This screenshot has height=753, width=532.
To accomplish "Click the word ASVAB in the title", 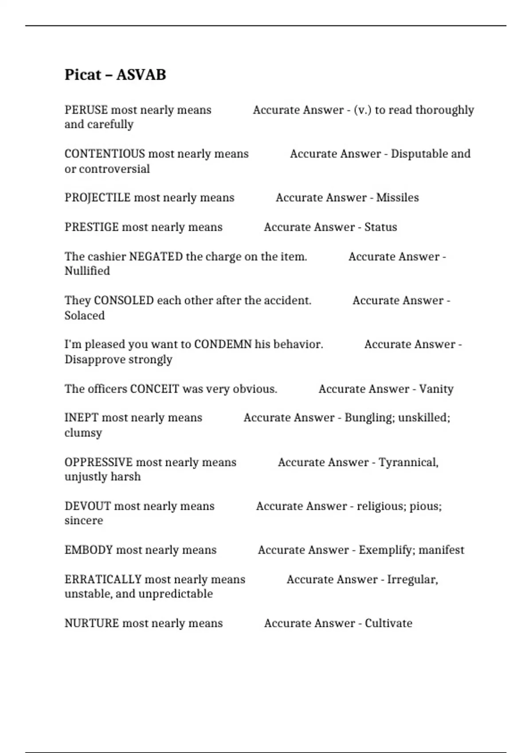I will [141, 74].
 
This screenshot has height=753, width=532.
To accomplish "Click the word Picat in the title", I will [82, 74].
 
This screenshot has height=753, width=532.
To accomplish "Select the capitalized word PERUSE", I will [86, 110].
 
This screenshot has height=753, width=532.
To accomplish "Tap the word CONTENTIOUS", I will [105, 154].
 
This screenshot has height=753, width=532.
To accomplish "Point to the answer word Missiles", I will [397, 198].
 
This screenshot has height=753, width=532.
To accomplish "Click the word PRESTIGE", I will [91, 227].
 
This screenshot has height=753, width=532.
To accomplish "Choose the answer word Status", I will [380, 227].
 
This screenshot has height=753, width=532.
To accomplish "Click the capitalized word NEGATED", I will [156, 256].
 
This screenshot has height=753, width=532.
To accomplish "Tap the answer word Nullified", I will [87, 271].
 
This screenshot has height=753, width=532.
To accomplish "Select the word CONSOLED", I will [124, 300].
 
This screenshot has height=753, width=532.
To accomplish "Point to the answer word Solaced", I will [84, 316].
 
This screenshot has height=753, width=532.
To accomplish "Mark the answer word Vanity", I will [436, 389].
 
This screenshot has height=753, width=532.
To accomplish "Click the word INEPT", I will [81, 418].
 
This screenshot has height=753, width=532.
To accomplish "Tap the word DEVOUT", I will [87, 506].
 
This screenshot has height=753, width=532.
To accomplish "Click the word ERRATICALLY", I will [102, 579].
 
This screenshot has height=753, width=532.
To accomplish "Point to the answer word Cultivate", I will [388, 623].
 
